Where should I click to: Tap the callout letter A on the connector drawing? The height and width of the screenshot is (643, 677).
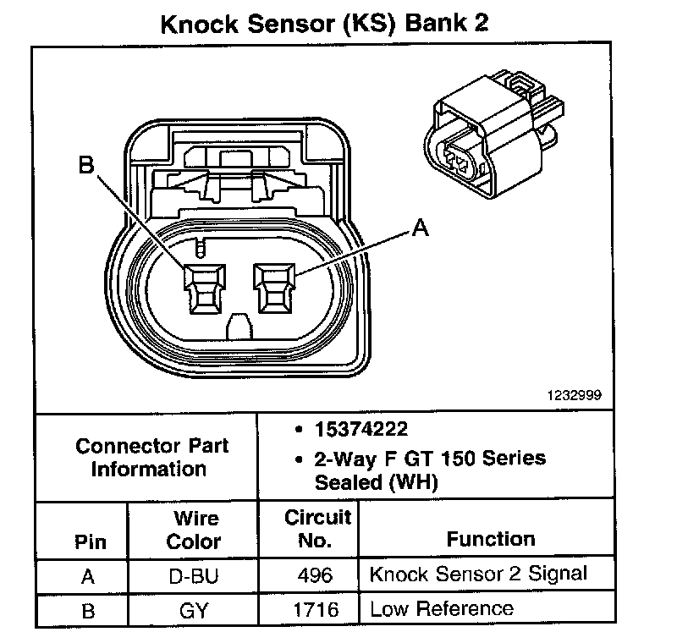point(417,228)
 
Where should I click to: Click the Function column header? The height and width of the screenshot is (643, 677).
point(491,539)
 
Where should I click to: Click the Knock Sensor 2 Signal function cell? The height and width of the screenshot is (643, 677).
point(478,574)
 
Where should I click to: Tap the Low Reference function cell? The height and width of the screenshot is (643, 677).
point(441,608)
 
